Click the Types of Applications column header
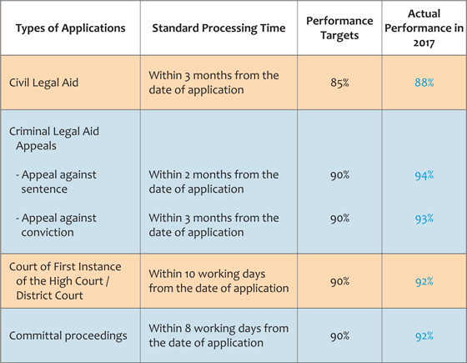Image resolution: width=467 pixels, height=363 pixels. (x=71, y=28)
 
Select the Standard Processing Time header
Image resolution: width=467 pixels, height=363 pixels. (x=218, y=28)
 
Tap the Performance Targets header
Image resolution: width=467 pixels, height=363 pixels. (x=339, y=28)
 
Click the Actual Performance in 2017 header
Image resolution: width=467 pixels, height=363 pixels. (x=424, y=28)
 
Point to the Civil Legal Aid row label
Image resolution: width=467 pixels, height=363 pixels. (x=43, y=83)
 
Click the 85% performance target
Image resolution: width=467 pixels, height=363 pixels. (x=339, y=83)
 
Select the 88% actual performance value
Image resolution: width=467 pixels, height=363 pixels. (x=424, y=83)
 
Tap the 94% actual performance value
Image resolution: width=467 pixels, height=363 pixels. (x=424, y=175)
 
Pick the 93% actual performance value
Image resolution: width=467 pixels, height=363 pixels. (x=424, y=219)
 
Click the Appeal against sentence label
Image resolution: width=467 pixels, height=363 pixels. (x=57, y=182)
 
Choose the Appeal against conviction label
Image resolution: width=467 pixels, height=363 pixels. (x=57, y=225)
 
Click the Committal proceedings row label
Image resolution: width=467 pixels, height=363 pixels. (x=68, y=335)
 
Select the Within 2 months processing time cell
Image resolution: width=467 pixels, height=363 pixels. (x=213, y=182)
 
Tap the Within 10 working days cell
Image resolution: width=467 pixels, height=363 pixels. (x=218, y=281)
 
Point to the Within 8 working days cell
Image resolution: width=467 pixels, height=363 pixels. (x=218, y=335)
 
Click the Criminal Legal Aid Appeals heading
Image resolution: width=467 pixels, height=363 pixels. (x=54, y=139)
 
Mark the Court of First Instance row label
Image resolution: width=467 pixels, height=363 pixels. (x=65, y=281)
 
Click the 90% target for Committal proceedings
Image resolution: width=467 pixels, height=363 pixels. (x=339, y=336)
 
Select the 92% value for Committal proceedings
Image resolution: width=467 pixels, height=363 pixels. (x=424, y=336)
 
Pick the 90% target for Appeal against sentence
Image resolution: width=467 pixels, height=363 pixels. (x=339, y=175)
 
